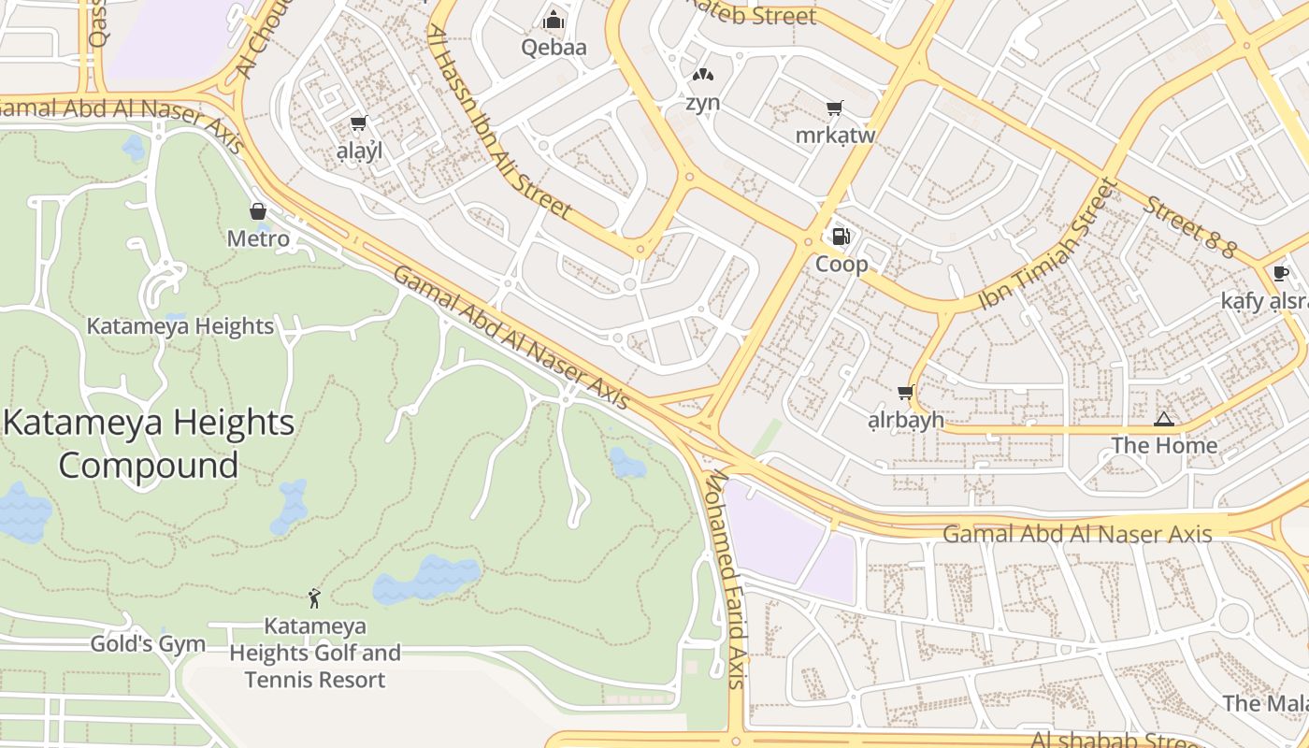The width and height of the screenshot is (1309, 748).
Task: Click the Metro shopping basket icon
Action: (x=258, y=211)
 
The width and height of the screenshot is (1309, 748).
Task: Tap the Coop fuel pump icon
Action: (x=841, y=237)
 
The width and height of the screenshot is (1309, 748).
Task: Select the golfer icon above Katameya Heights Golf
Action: (x=314, y=598)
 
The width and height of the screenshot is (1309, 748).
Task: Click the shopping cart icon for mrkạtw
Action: (x=834, y=108)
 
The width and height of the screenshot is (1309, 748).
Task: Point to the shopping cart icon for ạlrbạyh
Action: (x=905, y=393)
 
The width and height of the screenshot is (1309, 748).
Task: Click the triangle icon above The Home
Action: (x=1163, y=419)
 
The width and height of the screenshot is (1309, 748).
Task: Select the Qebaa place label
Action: (x=554, y=47)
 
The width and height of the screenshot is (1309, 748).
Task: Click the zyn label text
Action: (x=702, y=102)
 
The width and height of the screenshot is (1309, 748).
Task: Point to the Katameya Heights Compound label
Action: (x=149, y=443)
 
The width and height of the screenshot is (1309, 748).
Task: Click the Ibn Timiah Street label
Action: (x=1048, y=246)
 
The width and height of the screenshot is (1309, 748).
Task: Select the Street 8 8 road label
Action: (x=1190, y=227)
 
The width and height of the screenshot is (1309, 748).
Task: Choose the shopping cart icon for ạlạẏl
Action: (x=357, y=123)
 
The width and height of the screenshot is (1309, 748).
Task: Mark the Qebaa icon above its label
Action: (x=554, y=20)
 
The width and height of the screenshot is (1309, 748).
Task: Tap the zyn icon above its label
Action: (x=702, y=75)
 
